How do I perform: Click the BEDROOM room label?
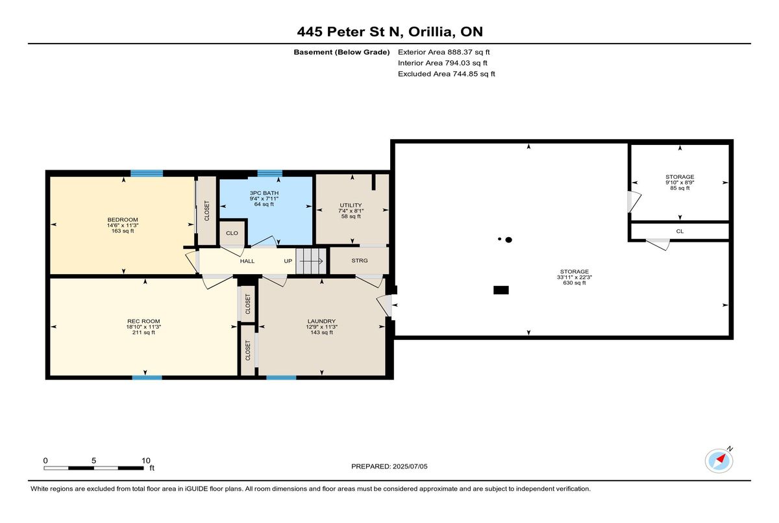click(x=123, y=220)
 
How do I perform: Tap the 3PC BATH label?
click(x=264, y=193)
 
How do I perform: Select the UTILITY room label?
click(x=351, y=205)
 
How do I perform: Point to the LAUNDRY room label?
click(x=321, y=321)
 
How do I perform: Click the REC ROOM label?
click(x=143, y=321)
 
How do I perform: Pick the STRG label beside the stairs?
click(x=359, y=261)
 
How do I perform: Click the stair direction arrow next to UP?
click(x=311, y=261)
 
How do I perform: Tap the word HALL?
click(x=247, y=261)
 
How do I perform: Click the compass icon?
click(x=719, y=461)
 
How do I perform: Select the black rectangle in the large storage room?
click(x=501, y=290)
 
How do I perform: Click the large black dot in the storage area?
click(x=508, y=240)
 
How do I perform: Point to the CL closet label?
click(x=680, y=231)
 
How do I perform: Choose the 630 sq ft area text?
click(x=574, y=283)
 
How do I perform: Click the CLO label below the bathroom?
click(x=232, y=233)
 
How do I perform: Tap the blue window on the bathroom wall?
click(x=269, y=173)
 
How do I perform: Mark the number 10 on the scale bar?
click(x=146, y=461)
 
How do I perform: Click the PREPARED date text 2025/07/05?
click(x=410, y=466)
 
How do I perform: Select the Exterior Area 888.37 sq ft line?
click(x=444, y=52)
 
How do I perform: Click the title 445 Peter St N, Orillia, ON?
click(x=390, y=32)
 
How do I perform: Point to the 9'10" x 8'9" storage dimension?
click(x=680, y=183)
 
